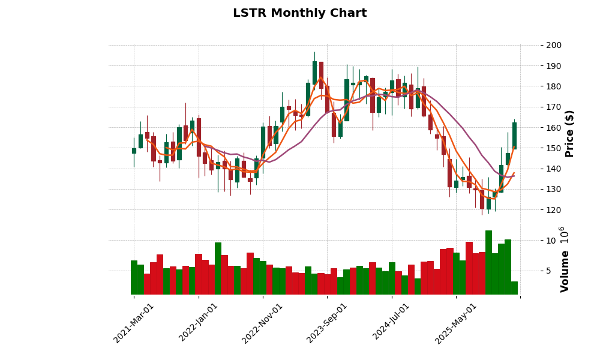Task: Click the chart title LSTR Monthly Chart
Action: [x=299, y=13]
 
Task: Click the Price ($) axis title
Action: [x=569, y=133]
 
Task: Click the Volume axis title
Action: [x=565, y=271]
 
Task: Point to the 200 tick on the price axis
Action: [x=554, y=45]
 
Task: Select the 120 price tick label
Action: [x=554, y=210]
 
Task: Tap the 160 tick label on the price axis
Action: [x=554, y=128]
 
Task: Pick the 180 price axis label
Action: [x=554, y=86]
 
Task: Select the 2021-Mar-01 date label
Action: [x=134, y=323]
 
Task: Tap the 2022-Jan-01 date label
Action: [x=199, y=323]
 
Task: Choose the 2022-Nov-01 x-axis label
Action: [x=262, y=323]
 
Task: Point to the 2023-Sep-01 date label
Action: [x=327, y=323]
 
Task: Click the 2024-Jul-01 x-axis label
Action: [x=391, y=323]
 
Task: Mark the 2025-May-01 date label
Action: [x=456, y=323]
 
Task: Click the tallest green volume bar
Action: [x=488, y=262]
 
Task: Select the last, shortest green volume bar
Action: [x=514, y=288]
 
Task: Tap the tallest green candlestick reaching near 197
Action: [x=314, y=73]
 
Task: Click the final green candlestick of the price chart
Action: [x=514, y=136]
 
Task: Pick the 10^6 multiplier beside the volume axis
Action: [x=562, y=234]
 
